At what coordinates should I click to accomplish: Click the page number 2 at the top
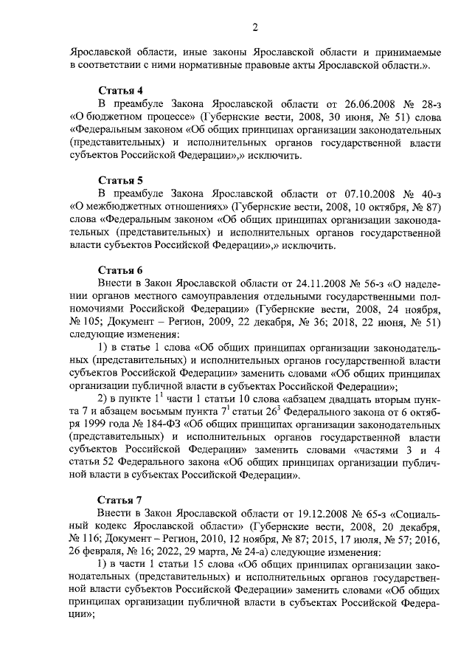pos(254,29)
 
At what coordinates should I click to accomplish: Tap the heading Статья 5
pos(121,180)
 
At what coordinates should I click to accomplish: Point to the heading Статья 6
pos(121,269)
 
